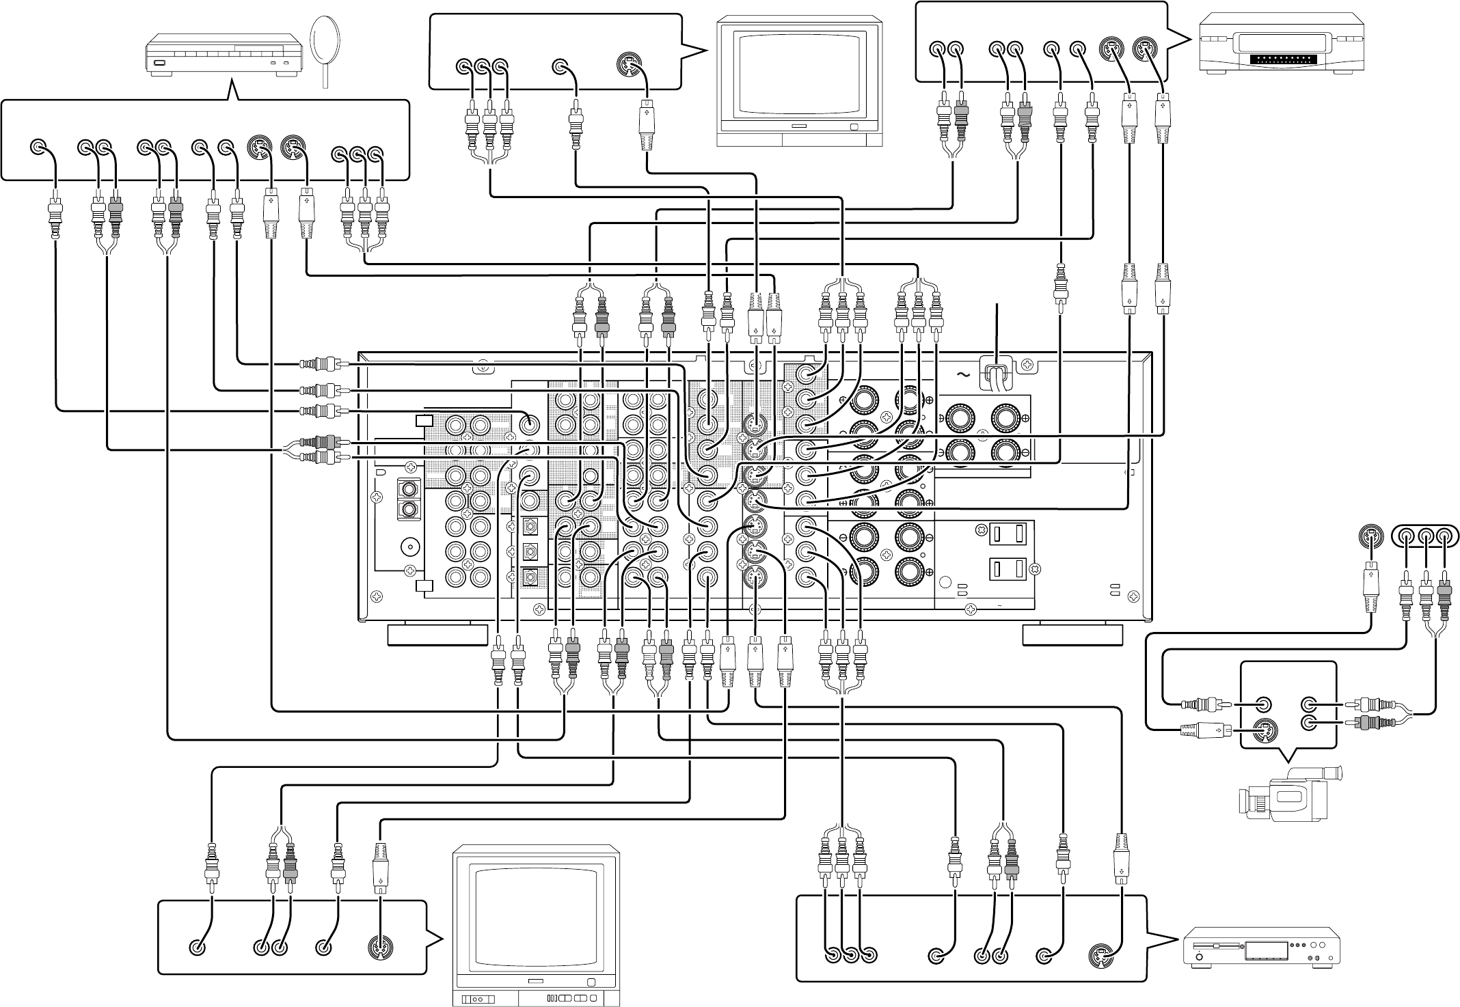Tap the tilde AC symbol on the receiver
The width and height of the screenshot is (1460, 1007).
(x=963, y=374)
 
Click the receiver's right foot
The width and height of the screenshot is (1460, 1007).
(x=1072, y=634)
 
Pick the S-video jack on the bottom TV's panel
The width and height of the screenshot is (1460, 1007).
(x=379, y=948)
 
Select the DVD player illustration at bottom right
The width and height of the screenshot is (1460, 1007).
(x=1262, y=946)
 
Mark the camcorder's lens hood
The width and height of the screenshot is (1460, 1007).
(x=1332, y=773)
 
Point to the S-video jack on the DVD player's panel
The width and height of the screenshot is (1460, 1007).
(x=1100, y=955)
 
